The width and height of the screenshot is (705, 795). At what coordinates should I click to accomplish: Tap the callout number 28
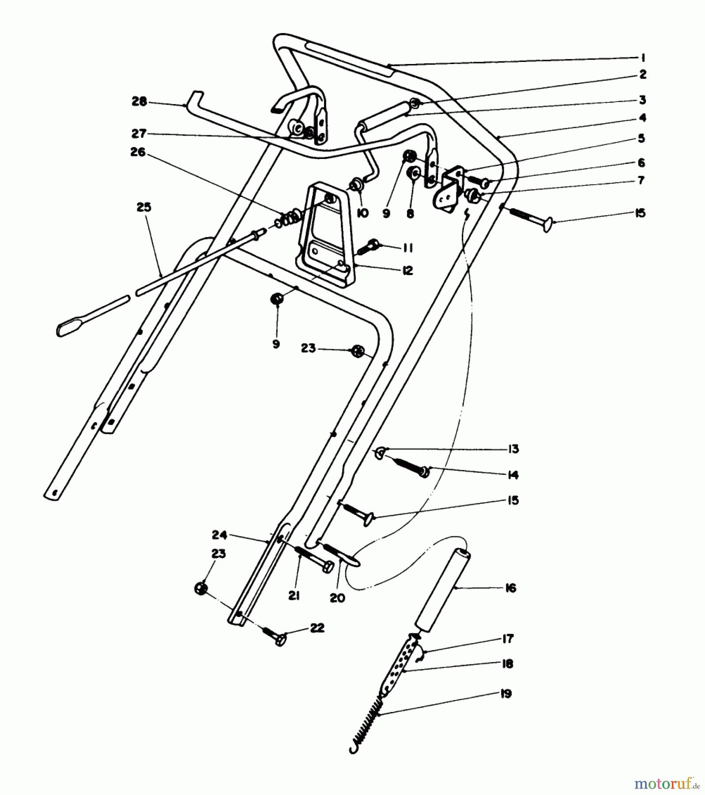click(x=139, y=101)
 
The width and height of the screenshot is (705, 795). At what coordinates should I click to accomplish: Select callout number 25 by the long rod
click(x=144, y=207)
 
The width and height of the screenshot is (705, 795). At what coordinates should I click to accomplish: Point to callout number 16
click(x=510, y=588)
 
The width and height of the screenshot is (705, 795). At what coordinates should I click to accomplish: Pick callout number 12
click(x=408, y=270)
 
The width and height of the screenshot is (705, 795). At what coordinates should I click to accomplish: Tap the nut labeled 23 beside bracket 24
click(x=200, y=588)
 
